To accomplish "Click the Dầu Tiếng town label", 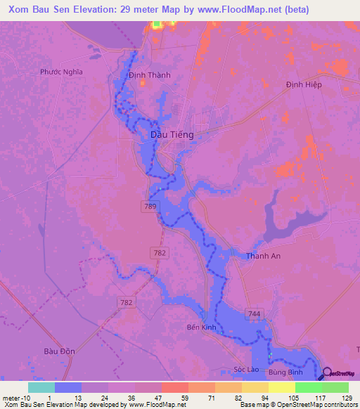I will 172,134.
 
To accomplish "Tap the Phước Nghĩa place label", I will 61,72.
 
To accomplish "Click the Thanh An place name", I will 263,256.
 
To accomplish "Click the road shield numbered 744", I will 253,312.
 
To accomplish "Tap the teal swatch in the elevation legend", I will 41,387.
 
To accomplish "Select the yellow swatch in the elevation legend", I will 281,387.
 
